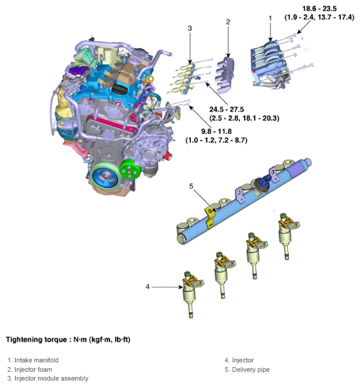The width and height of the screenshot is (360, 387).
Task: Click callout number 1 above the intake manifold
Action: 270,18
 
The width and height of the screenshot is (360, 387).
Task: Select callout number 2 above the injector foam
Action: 228,22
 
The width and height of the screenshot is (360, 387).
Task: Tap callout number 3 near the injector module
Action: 190,28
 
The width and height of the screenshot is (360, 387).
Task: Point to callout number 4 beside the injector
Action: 148,286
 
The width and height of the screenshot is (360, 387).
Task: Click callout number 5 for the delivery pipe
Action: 190,187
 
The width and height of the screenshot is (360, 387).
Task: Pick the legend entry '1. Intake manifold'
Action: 33,360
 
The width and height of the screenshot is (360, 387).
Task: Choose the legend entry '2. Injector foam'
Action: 30,369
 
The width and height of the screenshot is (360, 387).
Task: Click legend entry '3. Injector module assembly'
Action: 48,378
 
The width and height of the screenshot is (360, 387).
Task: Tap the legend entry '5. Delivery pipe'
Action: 247,369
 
